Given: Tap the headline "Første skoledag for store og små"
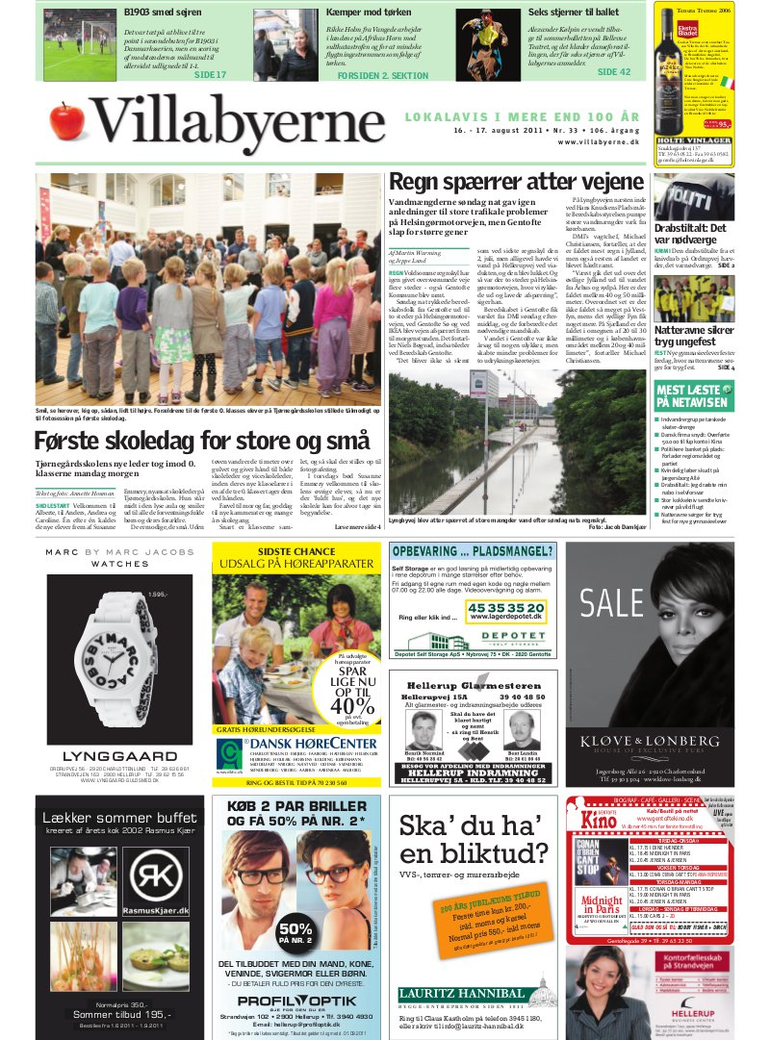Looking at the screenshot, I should coord(201,442).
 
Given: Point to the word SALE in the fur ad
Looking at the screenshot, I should coord(616,604).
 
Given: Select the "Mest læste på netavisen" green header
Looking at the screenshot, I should coord(692,394).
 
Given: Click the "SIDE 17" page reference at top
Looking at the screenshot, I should coord(210,74).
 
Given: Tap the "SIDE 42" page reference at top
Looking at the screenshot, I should coord(613,72).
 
